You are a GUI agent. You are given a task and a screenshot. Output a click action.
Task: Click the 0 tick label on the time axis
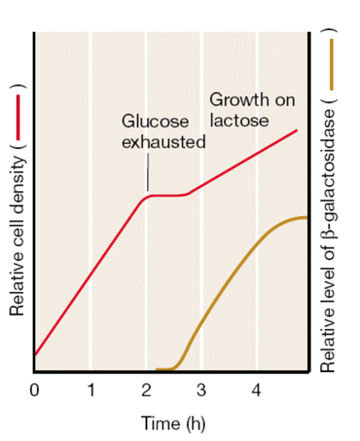click(34, 390)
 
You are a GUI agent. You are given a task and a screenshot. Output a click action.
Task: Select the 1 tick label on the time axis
click(91, 390)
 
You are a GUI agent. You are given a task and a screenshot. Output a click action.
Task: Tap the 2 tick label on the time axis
click(146, 390)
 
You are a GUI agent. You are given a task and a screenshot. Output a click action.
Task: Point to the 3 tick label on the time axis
click(201, 390)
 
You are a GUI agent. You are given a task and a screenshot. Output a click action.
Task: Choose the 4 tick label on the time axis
click(256, 390)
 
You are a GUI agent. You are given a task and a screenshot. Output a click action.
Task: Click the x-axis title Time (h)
click(173, 423)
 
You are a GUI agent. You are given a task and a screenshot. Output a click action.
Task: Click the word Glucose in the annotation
click(155, 121)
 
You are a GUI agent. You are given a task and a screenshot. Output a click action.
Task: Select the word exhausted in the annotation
click(163, 142)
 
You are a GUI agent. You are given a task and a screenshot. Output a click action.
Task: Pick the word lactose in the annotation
click(239, 121)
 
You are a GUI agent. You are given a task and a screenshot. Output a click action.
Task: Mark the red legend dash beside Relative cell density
click(18, 118)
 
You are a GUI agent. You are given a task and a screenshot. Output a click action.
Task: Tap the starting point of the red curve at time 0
click(35, 355)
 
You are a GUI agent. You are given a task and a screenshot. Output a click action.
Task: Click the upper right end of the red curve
click(296, 130)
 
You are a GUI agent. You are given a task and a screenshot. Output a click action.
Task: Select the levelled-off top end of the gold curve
click(304, 217)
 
